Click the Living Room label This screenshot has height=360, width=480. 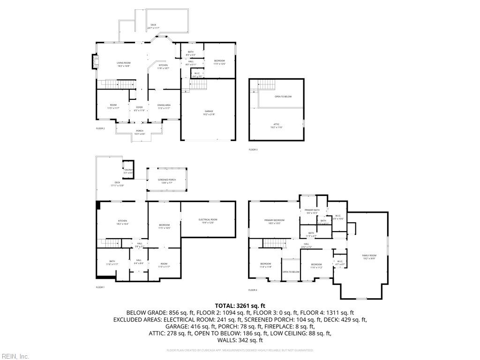[124, 64]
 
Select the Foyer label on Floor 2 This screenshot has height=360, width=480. [139, 108]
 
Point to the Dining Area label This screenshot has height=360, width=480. [164, 106]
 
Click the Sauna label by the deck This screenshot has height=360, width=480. [128, 171]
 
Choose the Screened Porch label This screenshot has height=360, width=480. [166, 181]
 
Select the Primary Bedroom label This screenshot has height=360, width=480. [274, 221]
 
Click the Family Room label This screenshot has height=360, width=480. [369, 256]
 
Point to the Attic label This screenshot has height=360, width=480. [276, 125]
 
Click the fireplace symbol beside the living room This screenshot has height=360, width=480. [94, 62]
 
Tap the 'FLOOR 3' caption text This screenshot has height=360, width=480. [253, 150]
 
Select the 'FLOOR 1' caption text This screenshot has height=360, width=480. [100, 287]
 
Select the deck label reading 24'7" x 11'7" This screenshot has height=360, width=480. [153, 26]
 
